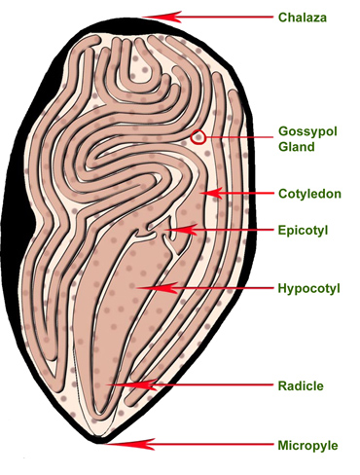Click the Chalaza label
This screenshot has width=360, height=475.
[303, 18]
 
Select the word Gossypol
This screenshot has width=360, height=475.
[307, 131]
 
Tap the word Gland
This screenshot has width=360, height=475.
[297, 147]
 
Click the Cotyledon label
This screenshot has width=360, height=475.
[309, 194]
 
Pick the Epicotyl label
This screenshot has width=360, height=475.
[303, 231]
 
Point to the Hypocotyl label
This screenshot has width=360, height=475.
[309, 288]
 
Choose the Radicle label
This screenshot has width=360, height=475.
[301, 385]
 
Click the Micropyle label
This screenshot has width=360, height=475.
[307, 446]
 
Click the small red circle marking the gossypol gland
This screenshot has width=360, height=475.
[198, 137]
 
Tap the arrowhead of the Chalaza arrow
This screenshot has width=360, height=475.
[162, 17]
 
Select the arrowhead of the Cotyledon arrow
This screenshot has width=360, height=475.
[211, 194]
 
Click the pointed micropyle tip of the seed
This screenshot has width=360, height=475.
[98, 443]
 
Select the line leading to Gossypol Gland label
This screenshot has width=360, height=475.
[239, 137]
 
